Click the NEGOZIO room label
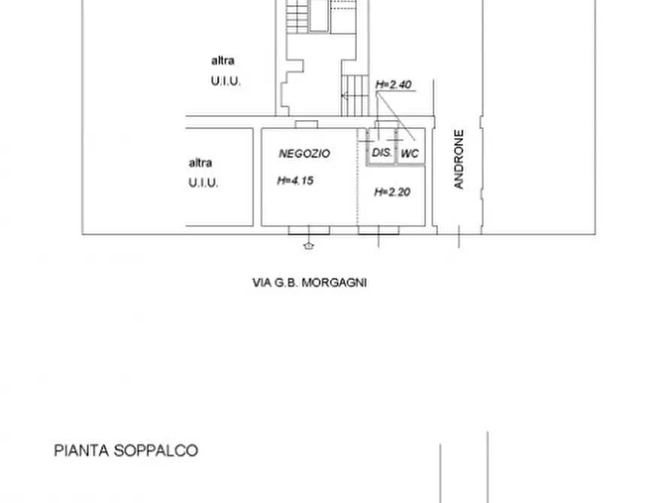pyautogui.click(x=304, y=153)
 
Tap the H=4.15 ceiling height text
pyautogui.click(x=295, y=180)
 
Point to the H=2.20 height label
pyautogui.click(x=392, y=192)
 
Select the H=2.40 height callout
pyautogui.click(x=394, y=85)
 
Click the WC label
pyautogui.click(x=410, y=153)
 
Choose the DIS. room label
pyautogui.click(x=382, y=153)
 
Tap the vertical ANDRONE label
pyautogui.click(x=459, y=159)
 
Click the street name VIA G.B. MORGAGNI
pyautogui.click(x=310, y=283)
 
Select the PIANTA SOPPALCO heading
pyautogui.click(x=126, y=450)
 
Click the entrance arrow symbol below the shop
pyautogui.click(x=308, y=245)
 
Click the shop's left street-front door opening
pyautogui.click(x=308, y=230)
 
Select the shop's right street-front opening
pyautogui.click(x=378, y=230)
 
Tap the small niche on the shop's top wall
pyautogui.click(x=307, y=124)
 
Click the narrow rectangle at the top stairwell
pyautogui.click(x=319, y=15)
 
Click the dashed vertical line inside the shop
pyautogui.click(x=358, y=188)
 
